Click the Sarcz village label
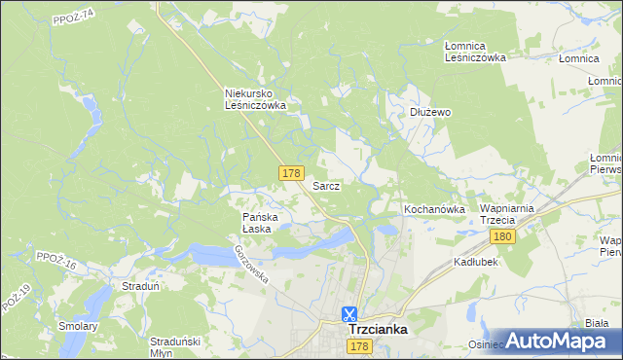[x=326, y=185]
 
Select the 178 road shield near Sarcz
[x=290, y=172]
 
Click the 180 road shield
[x=502, y=236]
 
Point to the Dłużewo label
[x=429, y=112]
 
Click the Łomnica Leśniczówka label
[x=475, y=52]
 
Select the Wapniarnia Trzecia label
[x=510, y=215]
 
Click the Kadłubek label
[x=475, y=263]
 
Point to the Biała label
[x=597, y=322]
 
